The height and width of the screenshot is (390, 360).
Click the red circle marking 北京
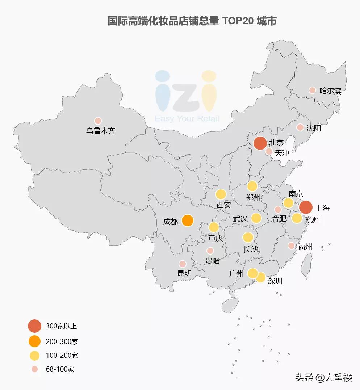point(260,143)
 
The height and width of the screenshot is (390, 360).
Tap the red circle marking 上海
point(306,207)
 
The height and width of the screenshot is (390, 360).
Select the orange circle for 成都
point(187,220)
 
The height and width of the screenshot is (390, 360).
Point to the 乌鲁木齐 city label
point(101,131)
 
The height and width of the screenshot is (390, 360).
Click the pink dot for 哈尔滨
point(312,90)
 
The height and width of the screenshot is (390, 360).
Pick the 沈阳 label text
point(313,128)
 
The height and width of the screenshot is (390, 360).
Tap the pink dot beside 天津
point(269,151)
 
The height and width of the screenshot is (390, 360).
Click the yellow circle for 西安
point(221,194)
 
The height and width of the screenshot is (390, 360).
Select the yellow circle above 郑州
point(252,186)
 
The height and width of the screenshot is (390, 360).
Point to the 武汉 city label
point(240,219)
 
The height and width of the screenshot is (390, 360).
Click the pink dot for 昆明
point(183,264)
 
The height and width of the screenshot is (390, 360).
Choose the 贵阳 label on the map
point(212,261)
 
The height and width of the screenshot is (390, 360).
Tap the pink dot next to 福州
point(291,246)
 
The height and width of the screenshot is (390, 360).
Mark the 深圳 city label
point(275,281)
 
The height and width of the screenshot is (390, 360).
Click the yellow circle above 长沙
point(248,237)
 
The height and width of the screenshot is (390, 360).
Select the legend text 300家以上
point(61,326)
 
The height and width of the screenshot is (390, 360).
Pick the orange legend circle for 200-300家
point(34,341)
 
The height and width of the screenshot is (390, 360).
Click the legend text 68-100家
point(60,369)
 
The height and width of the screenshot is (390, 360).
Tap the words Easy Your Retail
point(187,119)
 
